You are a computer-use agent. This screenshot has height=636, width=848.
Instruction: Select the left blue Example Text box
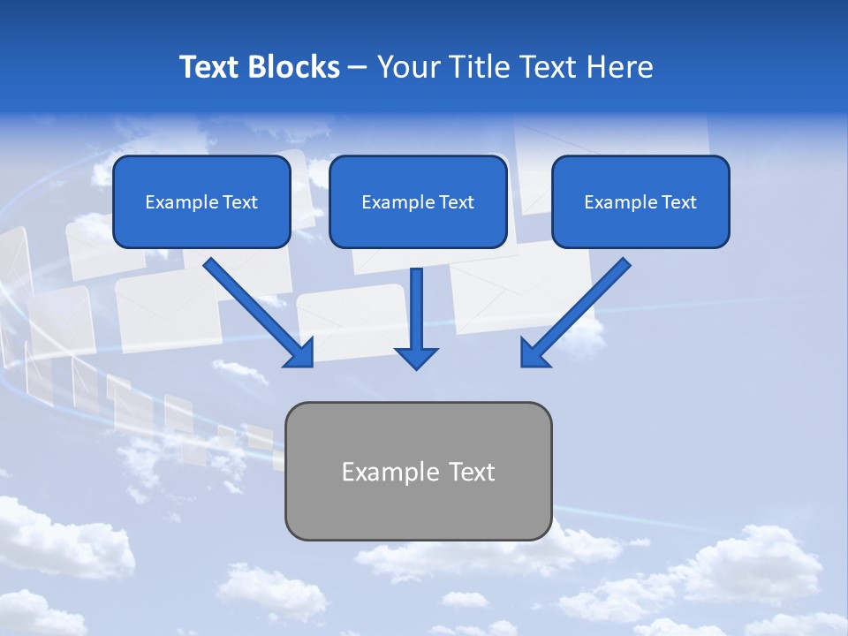pos(201,202)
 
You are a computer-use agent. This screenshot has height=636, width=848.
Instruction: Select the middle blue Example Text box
pos(418,202)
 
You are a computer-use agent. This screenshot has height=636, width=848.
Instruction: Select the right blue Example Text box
pos(640,202)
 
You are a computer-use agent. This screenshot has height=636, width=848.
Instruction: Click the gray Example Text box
pos(419,471)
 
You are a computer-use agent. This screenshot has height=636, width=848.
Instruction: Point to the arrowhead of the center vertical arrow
pos(416,357)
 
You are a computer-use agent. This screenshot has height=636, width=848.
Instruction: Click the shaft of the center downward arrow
pos(416,305)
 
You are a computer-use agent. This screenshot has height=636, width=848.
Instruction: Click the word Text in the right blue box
pos(678,202)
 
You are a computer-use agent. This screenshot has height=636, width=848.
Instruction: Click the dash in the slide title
pos(358,67)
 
